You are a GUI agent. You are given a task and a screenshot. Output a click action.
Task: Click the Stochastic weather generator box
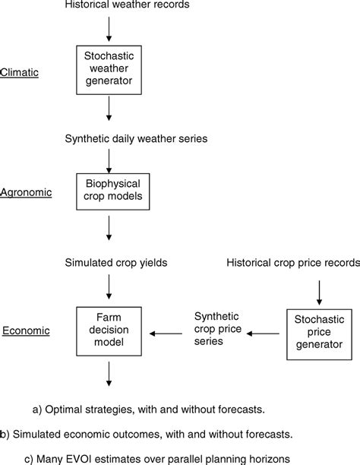110,68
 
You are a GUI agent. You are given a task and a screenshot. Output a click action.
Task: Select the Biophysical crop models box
110,193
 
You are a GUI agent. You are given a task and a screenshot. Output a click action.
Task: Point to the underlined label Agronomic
26,193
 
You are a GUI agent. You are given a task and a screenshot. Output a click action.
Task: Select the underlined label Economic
25,331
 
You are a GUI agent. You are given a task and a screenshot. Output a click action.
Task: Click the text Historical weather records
110,6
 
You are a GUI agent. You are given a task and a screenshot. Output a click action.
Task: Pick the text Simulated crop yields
111,262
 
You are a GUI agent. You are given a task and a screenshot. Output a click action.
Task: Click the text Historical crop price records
292,262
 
